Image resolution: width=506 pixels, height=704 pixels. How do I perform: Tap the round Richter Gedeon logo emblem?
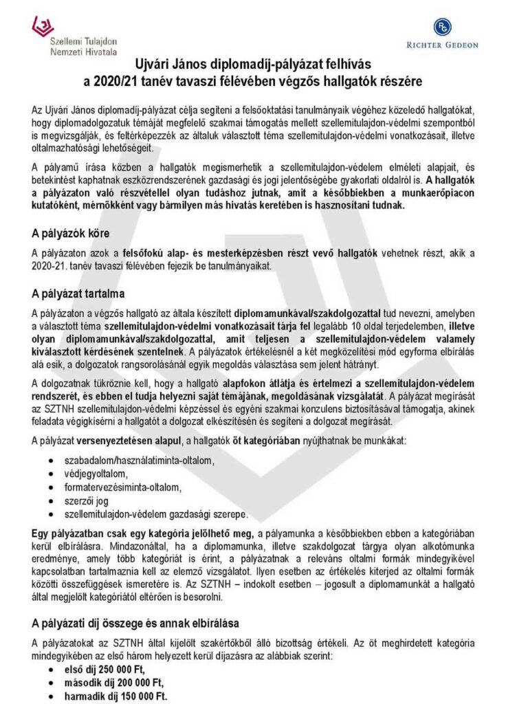442,27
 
